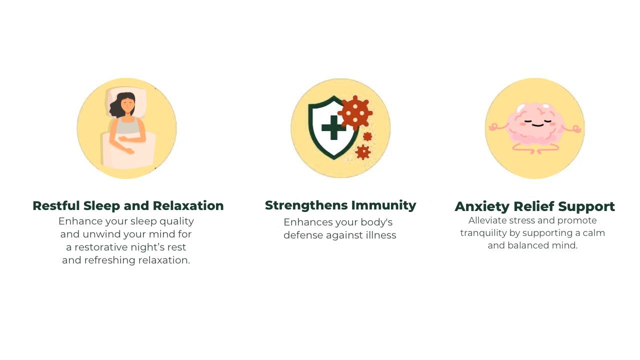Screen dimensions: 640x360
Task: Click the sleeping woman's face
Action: click(127, 105)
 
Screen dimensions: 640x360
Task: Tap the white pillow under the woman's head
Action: click(127, 102)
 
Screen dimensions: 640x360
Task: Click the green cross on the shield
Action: click(333, 127)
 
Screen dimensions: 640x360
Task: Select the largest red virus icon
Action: click(355, 112)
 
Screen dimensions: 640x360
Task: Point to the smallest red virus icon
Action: click(367, 136)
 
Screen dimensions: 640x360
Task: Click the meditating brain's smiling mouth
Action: click(538, 125)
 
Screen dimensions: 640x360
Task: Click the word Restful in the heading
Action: click(56, 205)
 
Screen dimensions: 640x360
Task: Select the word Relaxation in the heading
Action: click(188, 205)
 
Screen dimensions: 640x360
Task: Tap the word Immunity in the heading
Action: click(383, 205)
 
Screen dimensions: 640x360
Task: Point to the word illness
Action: click(381, 235)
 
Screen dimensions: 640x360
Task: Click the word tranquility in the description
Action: click(483, 233)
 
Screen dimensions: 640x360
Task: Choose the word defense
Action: click(303, 235)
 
